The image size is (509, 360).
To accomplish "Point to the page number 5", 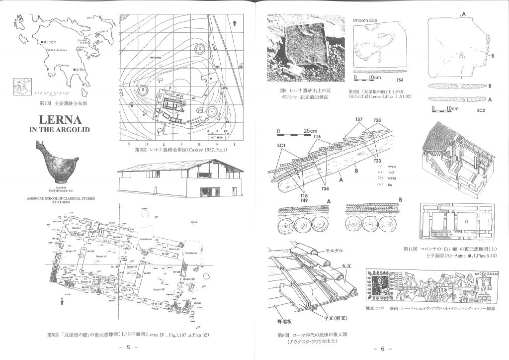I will pyautogui.click(x=128, y=348).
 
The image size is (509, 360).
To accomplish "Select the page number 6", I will pyautogui.click(x=383, y=348).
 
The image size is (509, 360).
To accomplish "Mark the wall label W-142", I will pyautogui.click(x=147, y=273).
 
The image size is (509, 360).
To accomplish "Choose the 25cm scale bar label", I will pyautogui.click(x=311, y=131).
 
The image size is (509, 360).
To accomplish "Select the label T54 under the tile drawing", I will pyautogui.click(x=400, y=80).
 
